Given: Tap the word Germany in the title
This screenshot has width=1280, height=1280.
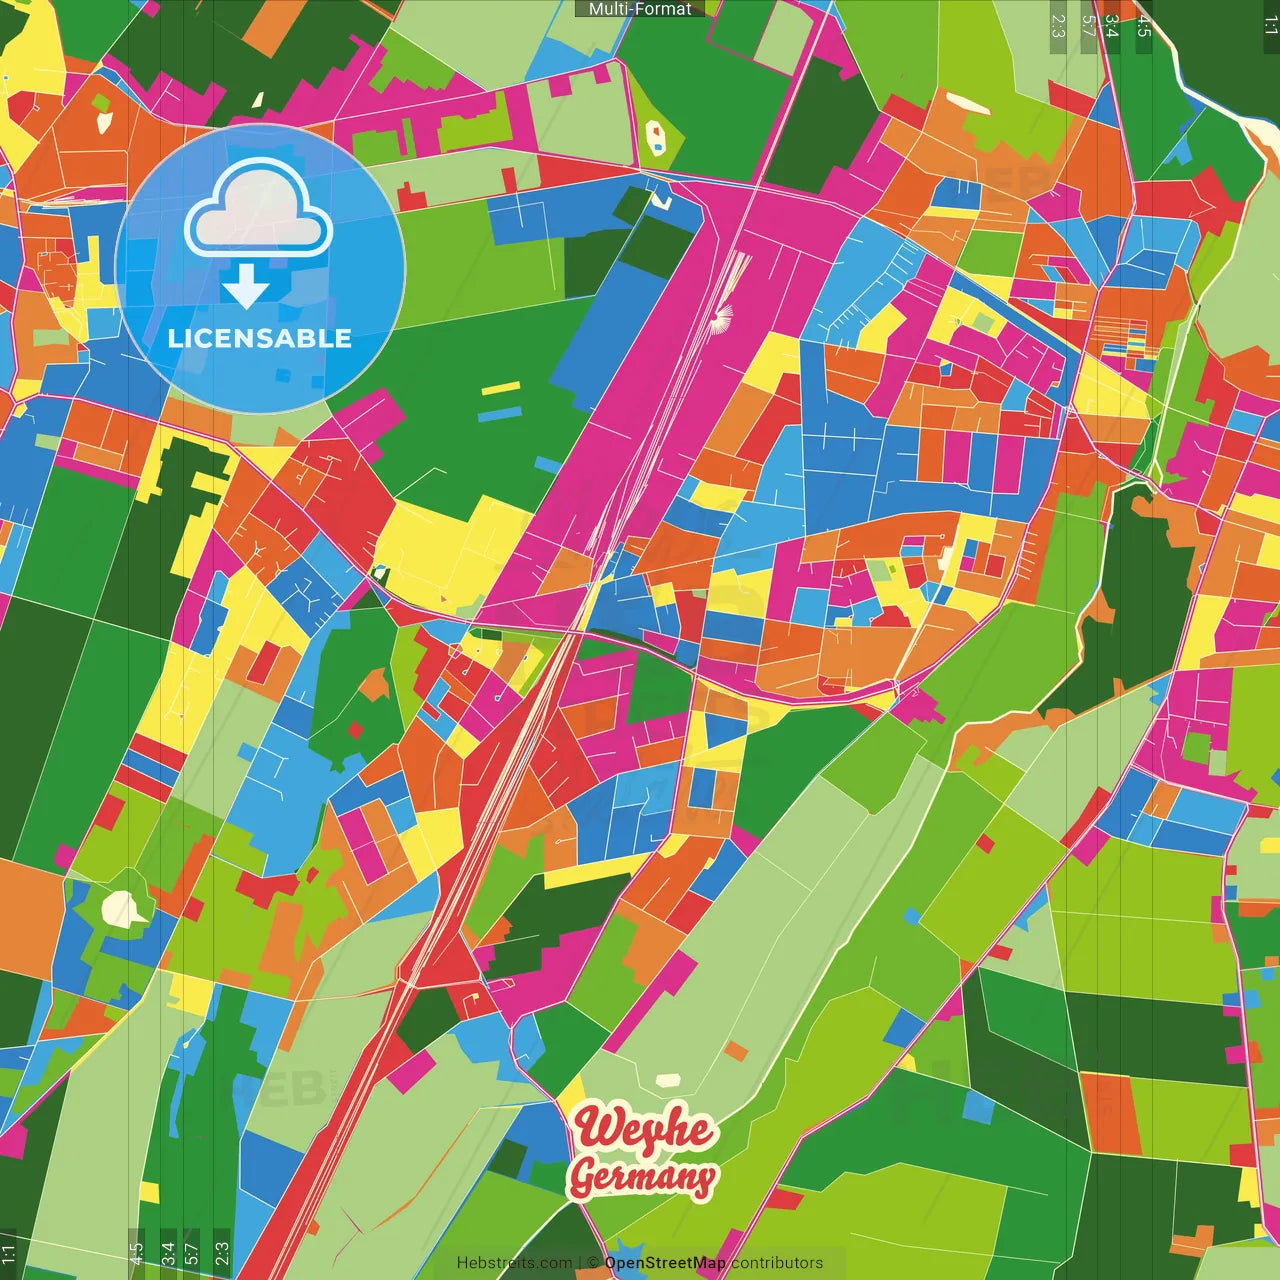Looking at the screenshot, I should tap(642, 1176).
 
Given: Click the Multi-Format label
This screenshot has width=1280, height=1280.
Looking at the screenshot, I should tap(640, 9).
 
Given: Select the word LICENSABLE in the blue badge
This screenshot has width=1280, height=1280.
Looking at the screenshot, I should tap(260, 338).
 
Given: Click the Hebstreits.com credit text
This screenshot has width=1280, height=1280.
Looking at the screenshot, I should tap(514, 1263).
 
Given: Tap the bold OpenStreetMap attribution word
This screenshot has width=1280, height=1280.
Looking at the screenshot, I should tap(665, 1263).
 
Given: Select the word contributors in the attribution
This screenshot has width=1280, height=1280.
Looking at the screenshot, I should tap(777, 1263).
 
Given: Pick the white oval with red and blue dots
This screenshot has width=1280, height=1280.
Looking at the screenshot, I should tap(655, 136).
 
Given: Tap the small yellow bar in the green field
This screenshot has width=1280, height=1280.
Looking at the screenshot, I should tap(500, 389).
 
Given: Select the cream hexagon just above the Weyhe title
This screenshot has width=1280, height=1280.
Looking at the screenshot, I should tap(667, 1081).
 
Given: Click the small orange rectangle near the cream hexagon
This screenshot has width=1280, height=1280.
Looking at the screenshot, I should tap(736, 1051).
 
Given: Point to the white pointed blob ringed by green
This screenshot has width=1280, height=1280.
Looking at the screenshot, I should tap(124, 909).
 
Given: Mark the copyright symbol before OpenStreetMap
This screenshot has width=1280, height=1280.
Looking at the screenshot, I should tap(593, 1263).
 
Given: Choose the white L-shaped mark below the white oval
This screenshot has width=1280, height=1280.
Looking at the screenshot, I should tap(661, 200).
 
